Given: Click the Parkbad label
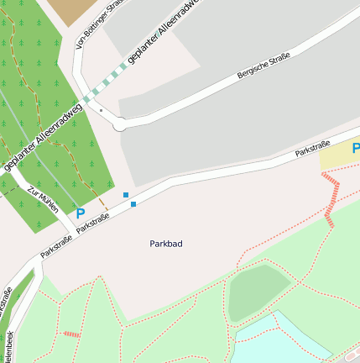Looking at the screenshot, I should click(x=166, y=244).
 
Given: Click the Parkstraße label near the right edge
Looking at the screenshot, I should click(x=313, y=149).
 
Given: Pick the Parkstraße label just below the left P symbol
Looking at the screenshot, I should click(x=93, y=223).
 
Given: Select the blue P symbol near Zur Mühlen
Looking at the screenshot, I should click(x=81, y=213).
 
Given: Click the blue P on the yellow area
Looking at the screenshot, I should click(x=355, y=149).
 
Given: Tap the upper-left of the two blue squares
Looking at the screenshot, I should click(x=126, y=195).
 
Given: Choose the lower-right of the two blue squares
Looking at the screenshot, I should click(x=133, y=204).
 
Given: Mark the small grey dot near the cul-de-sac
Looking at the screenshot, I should click(x=101, y=110).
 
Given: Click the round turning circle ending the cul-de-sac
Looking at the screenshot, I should click(x=120, y=125).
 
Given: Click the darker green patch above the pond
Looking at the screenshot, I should click(x=258, y=291).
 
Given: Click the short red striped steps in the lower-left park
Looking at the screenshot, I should click(x=72, y=334).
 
